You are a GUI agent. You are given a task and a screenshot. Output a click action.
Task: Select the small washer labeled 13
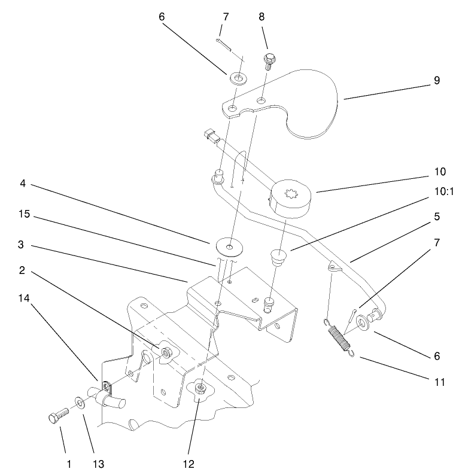pyautogui.click(x=80, y=403)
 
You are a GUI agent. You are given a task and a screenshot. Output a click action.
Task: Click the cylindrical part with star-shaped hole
pyautogui.click(x=290, y=198)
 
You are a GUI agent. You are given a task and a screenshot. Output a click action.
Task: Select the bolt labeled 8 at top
pyautogui.click(x=268, y=61)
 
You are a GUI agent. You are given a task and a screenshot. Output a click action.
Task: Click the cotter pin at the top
pyautogui.click(x=224, y=44)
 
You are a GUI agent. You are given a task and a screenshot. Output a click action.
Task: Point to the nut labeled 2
pyautogui.click(x=166, y=352)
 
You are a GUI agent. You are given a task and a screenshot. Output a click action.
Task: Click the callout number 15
pyautogui.click(x=25, y=214)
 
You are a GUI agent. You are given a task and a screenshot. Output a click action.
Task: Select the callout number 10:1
pyautogui.click(x=444, y=191)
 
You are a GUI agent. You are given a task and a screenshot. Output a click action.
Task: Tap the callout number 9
pyautogui.click(x=437, y=80)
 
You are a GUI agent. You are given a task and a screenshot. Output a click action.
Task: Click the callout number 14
pyautogui.click(x=24, y=298)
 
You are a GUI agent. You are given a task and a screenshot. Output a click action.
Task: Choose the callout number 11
pyautogui.click(x=440, y=382)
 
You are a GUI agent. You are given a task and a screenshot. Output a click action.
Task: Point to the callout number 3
pyautogui.click(x=20, y=244)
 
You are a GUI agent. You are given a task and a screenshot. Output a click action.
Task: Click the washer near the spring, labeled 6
pyautogui.click(x=362, y=322)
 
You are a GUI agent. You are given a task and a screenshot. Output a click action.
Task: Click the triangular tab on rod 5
pyautogui.click(x=335, y=267)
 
